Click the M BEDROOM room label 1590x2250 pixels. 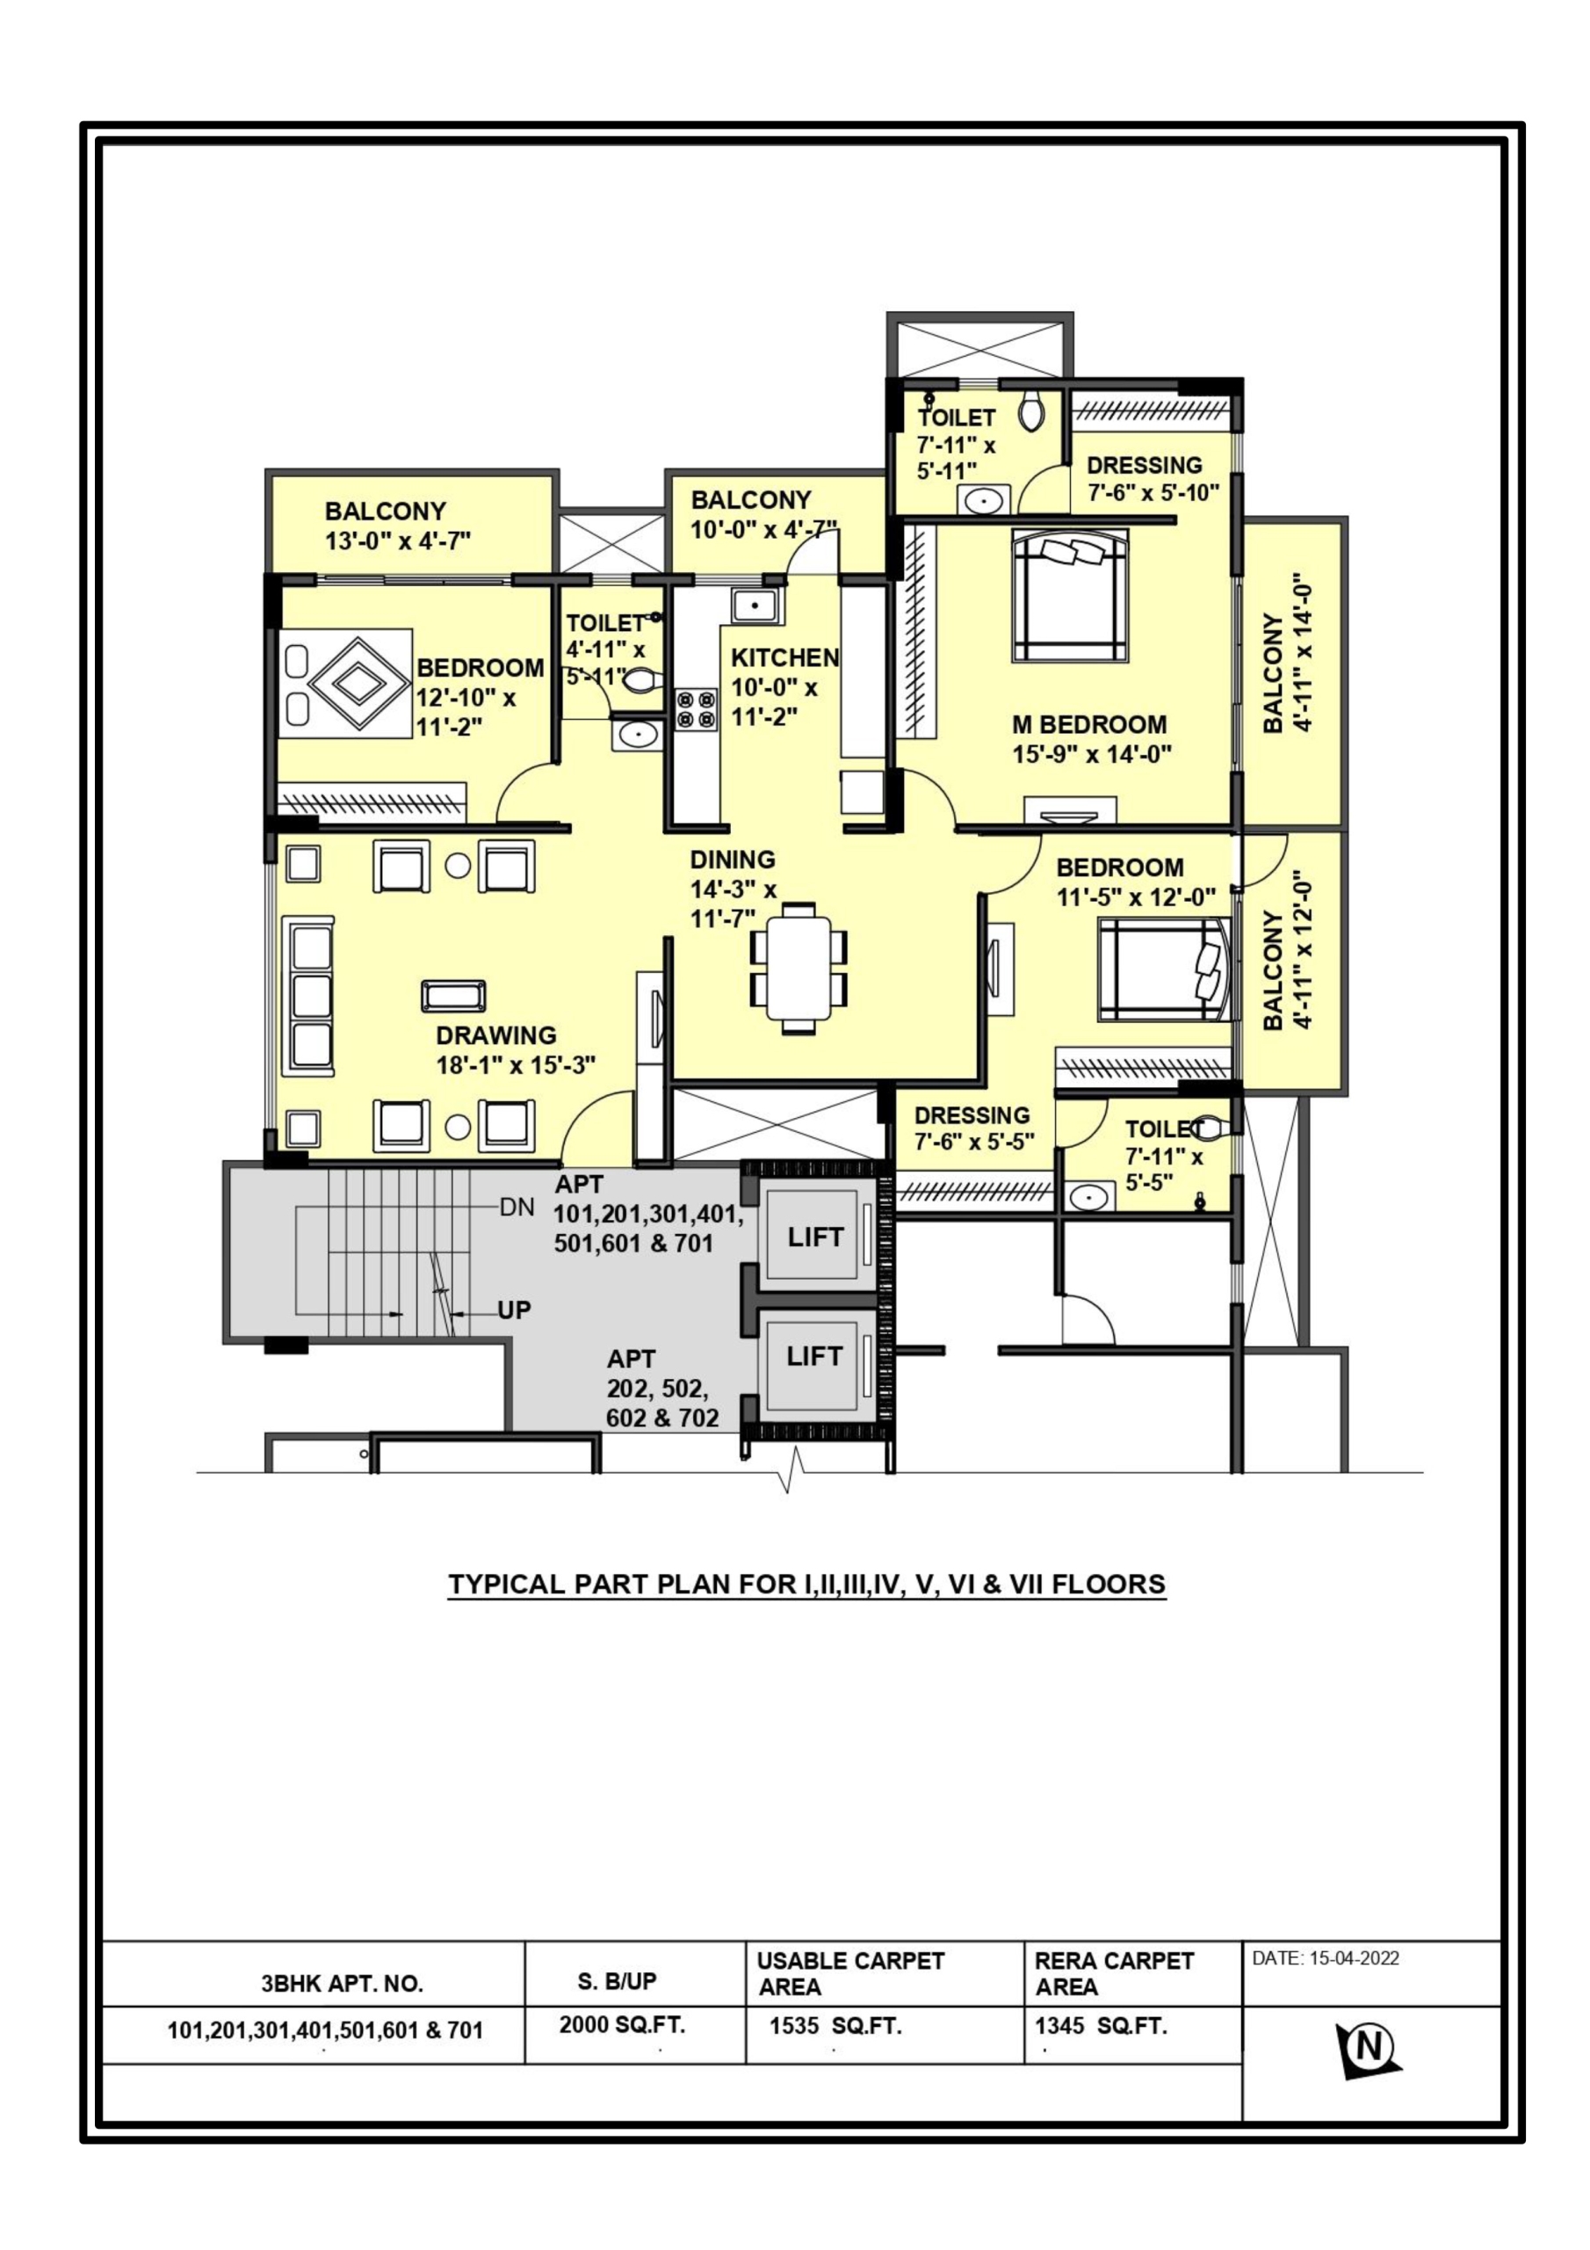(1089, 724)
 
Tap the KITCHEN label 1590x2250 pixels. (784, 657)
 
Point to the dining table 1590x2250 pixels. (799, 967)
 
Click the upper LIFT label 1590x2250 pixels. (815, 1237)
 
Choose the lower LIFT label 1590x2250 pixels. (814, 1356)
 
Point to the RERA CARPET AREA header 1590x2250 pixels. (1114, 1974)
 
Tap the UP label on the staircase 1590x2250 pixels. (514, 1310)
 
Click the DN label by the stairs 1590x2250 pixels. (517, 1208)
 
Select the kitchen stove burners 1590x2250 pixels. (696, 709)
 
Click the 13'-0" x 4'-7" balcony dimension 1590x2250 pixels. (399, 540)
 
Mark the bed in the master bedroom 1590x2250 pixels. (1070, 597)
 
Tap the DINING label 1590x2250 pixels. (733, 860)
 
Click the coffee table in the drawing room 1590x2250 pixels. (453, 996)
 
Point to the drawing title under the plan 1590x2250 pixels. (807, 1585)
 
